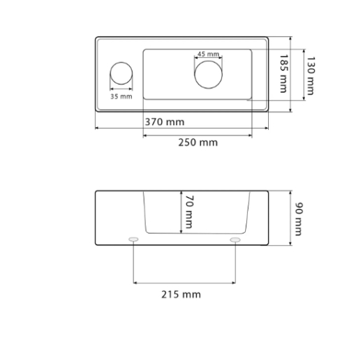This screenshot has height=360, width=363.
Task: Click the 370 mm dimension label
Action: coord(165,122)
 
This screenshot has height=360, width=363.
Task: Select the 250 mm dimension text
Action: coord(198,143)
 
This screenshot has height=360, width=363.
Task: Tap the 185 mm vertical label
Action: coord(283,73)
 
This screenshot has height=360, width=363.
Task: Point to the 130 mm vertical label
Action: coord(310,75)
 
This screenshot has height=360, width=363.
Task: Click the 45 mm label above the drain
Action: coord(208,54)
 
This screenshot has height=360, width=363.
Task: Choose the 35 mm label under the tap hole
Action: coord(121,96)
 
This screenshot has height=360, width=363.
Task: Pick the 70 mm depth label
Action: coord(189,212)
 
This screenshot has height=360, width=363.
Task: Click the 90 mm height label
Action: coord(299,219)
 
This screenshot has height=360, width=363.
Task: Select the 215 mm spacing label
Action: coord(181,294)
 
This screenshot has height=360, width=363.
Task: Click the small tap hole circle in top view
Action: coord(121,62)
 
